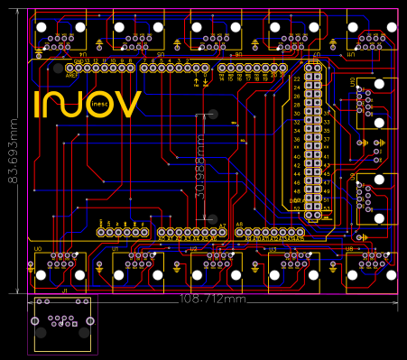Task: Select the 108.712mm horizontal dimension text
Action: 213,298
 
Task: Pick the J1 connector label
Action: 64,291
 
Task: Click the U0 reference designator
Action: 38,248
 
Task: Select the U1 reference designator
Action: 116,248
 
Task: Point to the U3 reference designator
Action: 273,248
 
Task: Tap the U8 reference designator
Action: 349,248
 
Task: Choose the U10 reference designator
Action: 353,81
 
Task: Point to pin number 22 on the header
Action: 297,78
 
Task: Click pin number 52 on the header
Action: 297,208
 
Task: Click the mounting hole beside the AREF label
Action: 58,68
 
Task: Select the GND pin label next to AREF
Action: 79,60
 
